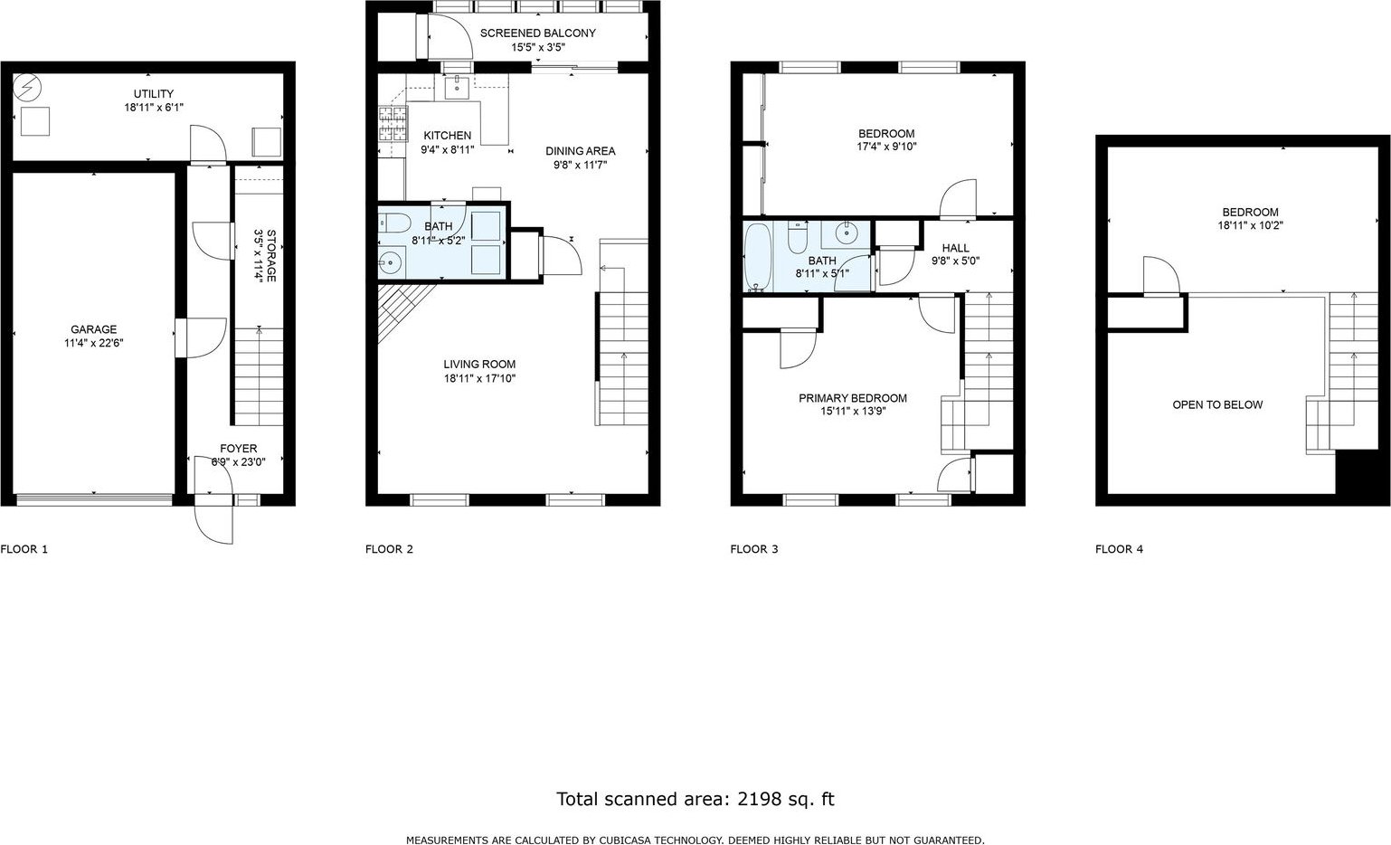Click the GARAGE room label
pos(94,329)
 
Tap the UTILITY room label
pos(154,94)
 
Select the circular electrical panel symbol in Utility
pos(27,89)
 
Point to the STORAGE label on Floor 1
pos(271,255)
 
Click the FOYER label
pos(239,449)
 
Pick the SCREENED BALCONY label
pos(538,33)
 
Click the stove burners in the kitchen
pos(393,123)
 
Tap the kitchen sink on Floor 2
pos(459,88)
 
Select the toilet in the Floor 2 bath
pos(394,222)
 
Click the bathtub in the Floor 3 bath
pos(758,257)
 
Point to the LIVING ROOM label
pos(479,365)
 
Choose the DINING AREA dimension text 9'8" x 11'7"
pos(581,166)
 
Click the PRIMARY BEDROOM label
pos(853,398)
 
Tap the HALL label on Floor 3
pos(955,248)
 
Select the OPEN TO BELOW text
pos(1217,405)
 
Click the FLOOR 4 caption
pos(1119,549)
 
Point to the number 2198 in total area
pos(759,799)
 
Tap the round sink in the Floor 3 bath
pos(845,233)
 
